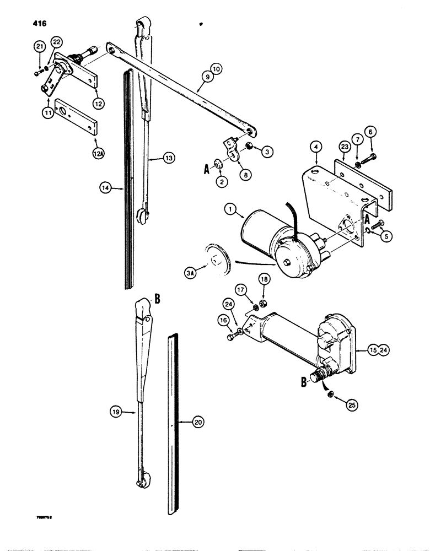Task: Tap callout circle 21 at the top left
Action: click(39, 47)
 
